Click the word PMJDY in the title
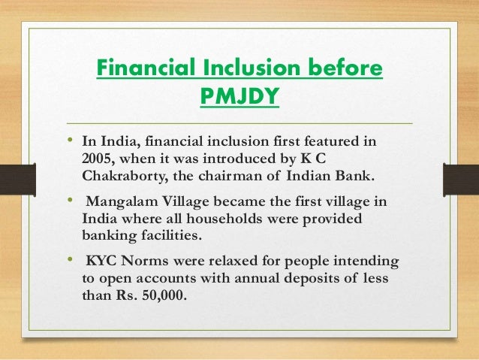pyautogui.click(x=239, y=98)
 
